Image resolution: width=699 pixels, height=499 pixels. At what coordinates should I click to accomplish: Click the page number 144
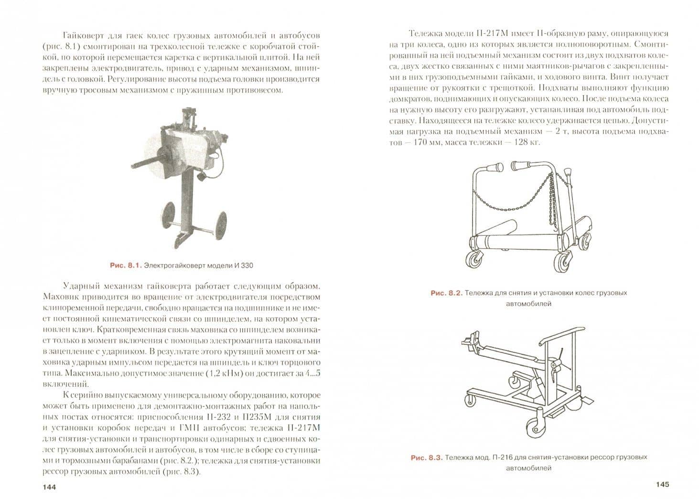tap(49, 487)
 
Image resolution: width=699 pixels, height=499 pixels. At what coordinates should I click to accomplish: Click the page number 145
tap(663, 484)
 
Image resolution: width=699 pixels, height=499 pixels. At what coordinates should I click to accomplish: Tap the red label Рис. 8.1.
tap(126, 265)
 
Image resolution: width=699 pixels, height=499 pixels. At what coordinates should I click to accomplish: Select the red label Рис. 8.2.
tap(446, 293)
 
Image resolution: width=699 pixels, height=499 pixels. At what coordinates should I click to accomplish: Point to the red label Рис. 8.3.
tap(427, 457)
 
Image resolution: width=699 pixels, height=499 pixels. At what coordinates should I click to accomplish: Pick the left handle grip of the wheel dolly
tap(495, 167)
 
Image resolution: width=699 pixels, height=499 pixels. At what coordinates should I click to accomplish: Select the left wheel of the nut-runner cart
tap(169, 215)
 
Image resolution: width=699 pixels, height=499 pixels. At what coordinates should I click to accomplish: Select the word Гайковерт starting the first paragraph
tap(82, 35)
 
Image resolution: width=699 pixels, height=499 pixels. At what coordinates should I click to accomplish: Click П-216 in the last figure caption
tap(505, 457)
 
